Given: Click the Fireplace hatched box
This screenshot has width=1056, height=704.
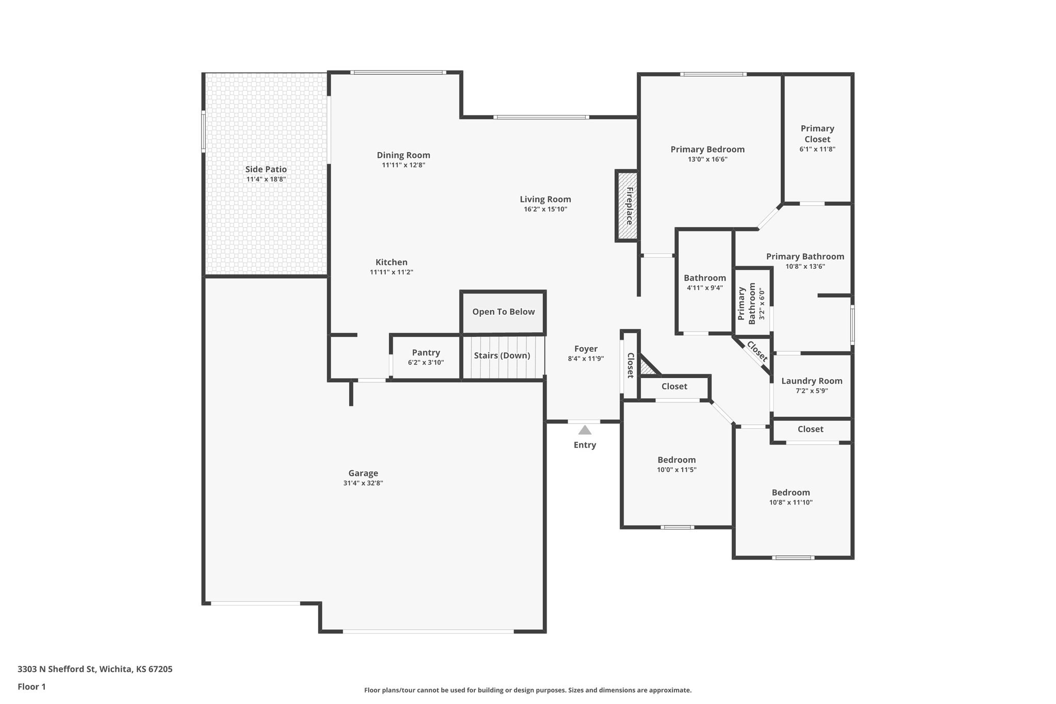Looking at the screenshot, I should point(627,206).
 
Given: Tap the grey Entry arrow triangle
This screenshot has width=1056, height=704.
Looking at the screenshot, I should point(585,430).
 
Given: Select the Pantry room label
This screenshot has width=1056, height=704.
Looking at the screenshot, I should point(426,353).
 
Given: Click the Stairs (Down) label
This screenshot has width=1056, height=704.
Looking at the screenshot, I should point(502,355).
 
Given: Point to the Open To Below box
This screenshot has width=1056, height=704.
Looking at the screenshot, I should point(503,312).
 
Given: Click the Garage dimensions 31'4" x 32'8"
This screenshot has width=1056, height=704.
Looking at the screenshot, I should point(363,483).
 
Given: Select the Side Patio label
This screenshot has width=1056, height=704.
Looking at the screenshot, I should point(266,169).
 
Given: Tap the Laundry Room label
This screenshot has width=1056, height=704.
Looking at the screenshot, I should point(812,381).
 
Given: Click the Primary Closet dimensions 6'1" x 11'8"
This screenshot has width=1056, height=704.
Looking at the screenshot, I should point(817,150).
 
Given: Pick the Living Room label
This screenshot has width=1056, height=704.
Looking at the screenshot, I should point(545,200).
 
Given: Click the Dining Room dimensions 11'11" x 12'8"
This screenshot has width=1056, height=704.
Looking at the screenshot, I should point(403,166).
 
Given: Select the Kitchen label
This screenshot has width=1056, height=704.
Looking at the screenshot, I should point(391,263).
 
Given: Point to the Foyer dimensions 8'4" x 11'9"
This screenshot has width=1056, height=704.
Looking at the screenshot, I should point(586,359).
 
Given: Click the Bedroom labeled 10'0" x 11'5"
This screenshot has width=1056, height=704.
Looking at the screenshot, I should point(676,460).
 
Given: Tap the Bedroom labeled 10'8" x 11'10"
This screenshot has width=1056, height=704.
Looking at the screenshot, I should point(790,493).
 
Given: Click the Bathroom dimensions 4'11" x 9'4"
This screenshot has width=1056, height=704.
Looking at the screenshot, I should point(705,288).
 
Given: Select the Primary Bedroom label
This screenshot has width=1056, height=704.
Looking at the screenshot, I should point(707,150).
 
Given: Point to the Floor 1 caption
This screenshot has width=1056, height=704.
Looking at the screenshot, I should point(31,687).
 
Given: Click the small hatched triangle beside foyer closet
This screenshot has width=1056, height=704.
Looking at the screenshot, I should point(646,368).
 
